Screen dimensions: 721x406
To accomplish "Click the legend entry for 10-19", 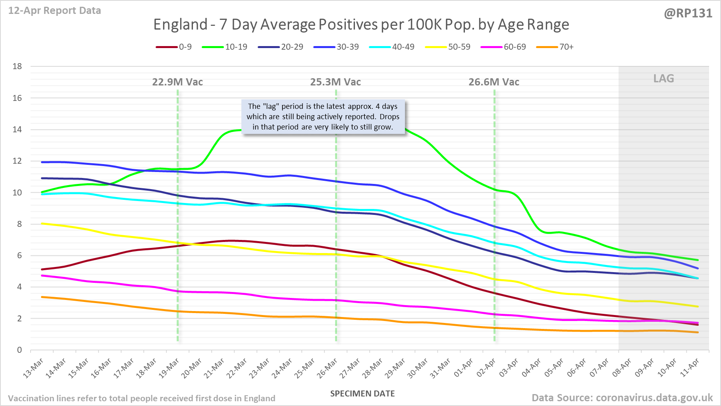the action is [225, 47].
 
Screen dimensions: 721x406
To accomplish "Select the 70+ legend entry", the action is [555, 47].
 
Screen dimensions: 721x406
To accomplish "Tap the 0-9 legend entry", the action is [174, 47].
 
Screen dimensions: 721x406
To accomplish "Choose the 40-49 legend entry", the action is [392, 47].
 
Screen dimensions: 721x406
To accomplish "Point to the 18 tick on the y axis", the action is [17, 66].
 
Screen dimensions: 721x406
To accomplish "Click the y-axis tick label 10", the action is [17, 193].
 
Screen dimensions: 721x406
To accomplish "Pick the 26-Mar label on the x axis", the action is [328, 367].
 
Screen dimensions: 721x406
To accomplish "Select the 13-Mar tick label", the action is [33, 367].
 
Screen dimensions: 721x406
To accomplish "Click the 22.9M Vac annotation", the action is [177, 82].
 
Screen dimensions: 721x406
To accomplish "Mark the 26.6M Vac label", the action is [494, 82].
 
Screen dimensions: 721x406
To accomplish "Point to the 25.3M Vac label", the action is [335, 82].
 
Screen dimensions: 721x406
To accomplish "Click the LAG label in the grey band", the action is [664, 79].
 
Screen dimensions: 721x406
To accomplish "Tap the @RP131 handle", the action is [688, 14].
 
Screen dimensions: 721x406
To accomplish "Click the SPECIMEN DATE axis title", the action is [362, 394].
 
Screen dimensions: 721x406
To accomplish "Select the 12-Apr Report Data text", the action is [55, 11].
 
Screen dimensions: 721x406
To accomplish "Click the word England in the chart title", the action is [180, 25].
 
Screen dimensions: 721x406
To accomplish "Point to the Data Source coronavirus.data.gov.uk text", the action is [622, 398].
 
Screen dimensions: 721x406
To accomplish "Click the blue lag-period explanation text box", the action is [323, 117].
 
